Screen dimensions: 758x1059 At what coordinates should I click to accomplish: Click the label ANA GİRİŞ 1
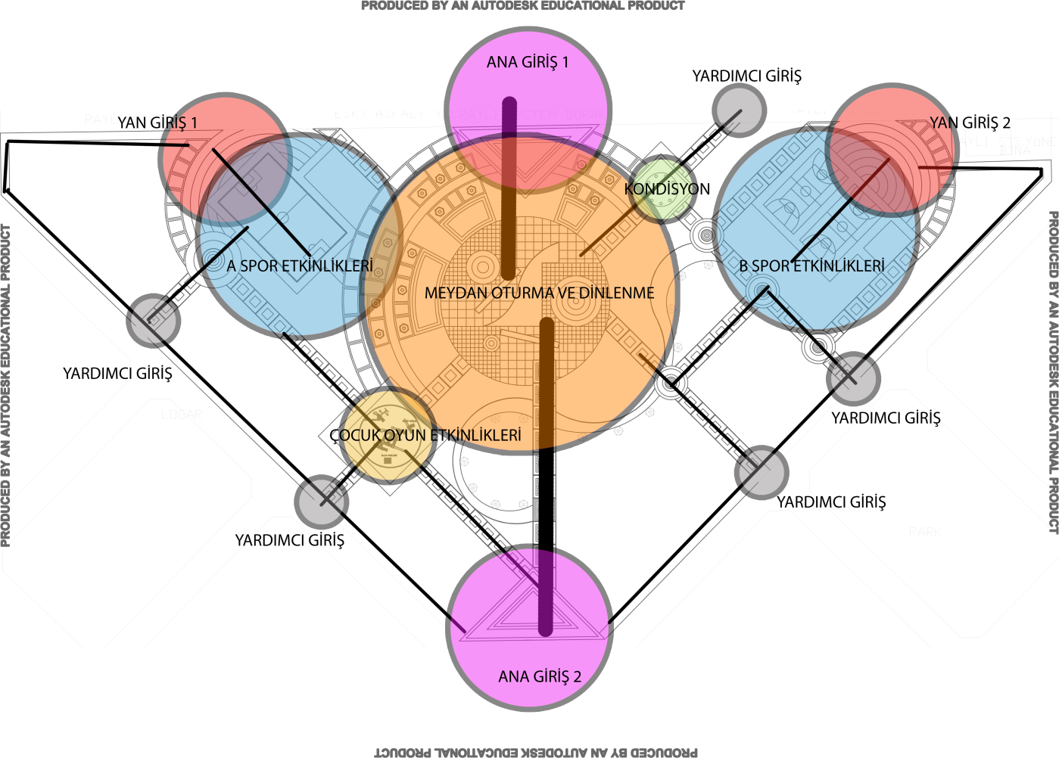(x=527, y=63)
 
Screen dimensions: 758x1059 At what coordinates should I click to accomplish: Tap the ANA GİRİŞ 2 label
(x=539, y=677)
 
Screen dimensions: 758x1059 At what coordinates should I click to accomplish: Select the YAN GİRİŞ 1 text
(x=157, y=123)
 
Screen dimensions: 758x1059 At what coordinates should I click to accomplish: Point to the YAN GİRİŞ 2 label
(x=970, y=123)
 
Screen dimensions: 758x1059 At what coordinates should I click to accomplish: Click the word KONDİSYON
(x=667, y=189)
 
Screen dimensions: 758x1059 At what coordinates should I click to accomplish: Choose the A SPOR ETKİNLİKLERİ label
(x=300, y=266)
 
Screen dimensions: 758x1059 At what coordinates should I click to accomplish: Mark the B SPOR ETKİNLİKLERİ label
(x=811, y=266)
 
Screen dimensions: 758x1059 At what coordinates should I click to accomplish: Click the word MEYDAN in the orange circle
(x=453, y=294)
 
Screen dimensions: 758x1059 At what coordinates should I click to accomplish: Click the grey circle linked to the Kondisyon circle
(x=739, y=110)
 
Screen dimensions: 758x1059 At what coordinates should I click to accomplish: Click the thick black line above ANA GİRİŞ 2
(x=546, y=492)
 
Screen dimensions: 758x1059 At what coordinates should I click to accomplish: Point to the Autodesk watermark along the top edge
(x=522, y=6)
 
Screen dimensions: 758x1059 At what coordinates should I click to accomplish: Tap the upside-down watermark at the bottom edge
(x=536, y=752)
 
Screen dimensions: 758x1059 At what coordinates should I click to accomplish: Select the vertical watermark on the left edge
(x=6, y=386)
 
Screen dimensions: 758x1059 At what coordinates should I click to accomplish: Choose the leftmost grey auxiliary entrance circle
(x=153, y=321)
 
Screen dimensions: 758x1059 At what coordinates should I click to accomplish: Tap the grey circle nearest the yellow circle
(x=321, y=501)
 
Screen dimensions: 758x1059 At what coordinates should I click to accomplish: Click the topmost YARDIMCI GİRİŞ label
(x=746, y=76)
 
